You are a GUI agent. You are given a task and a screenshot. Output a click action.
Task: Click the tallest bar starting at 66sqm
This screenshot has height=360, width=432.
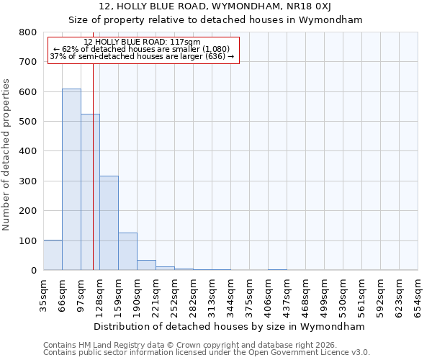tap(71, 179)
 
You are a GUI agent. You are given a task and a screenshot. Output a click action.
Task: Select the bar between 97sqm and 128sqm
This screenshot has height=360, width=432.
tap(90, 192)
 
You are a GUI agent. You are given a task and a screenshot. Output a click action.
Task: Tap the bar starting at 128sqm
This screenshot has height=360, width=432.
tap(109, 223)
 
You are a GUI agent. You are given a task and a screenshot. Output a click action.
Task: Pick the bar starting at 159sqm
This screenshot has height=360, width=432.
tap(127, 251)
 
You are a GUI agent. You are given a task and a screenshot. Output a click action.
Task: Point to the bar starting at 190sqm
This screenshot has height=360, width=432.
tap(146, 265)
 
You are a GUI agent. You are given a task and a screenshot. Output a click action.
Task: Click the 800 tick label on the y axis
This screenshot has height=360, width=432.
tap(28, 32)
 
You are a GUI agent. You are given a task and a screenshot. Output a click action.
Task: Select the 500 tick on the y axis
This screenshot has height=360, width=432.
tap(28, 122)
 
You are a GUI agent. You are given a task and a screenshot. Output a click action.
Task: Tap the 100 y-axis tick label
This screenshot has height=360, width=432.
tap(28, 240)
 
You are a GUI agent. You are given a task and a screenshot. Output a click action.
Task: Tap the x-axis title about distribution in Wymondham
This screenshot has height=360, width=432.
tap(230, 326)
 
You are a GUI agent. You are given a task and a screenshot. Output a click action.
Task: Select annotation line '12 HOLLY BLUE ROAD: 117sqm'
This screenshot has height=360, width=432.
tap(142, 42)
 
